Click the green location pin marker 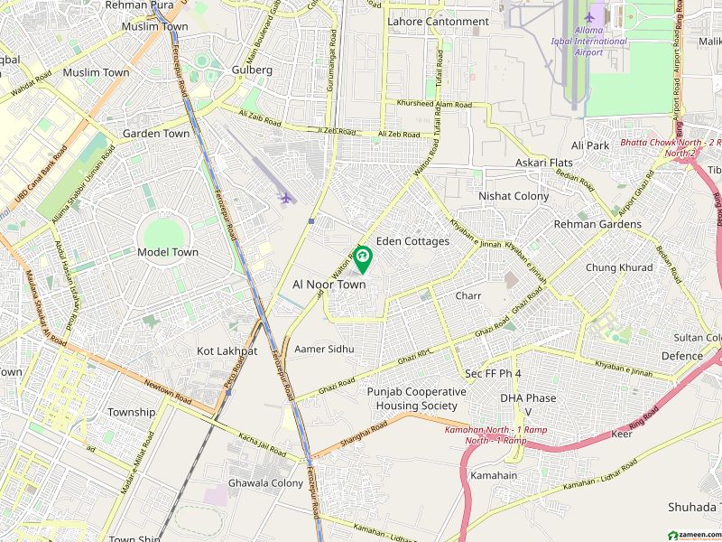pos(363,259)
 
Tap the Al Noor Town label pos(329,284)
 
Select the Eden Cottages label pos(412,241)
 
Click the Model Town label pos(168,252)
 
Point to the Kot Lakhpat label pos(227,350)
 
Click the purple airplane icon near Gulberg pos(286,197)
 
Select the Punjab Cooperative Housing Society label pos(416,398)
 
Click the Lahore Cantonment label pos(438,21)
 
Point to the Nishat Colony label pos(514,195)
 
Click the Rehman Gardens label pos(597,224)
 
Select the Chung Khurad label pos(618,267)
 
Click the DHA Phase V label pos(528,405)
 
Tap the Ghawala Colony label pos(265,482)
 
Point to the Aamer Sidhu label pos(324,349)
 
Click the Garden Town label pos(156,133)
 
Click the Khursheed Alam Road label pos(434,105)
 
